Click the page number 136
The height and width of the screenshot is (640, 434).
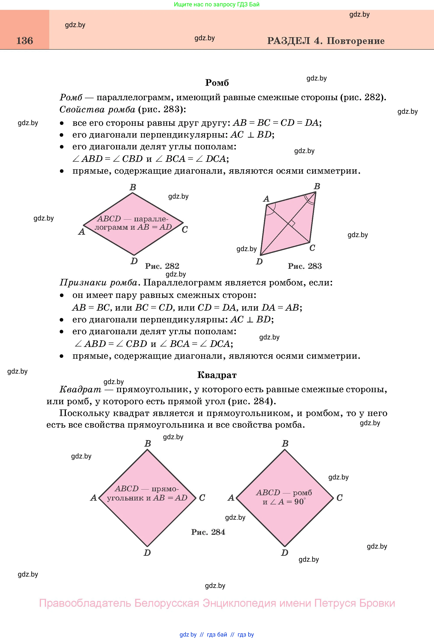tap(25, 41)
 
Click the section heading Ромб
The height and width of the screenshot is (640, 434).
tap(217, 83)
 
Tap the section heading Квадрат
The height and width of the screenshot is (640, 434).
tap(217, 375)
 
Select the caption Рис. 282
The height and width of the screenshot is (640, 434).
tap(162, 266)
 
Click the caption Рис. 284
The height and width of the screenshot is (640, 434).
tap(208, 532)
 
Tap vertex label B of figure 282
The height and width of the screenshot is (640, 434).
tap(133, 187)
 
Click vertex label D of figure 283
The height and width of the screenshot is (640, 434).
tap(259, 262)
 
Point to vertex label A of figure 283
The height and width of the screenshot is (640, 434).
tap(266, 199)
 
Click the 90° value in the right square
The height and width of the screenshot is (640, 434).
tap(300, 502)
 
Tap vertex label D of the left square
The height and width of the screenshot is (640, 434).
tap(147, 553)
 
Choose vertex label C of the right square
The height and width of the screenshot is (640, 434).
tap(339, 498)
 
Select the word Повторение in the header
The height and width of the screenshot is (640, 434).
tap(355, 41)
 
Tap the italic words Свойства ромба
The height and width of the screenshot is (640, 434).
tap(97, 110)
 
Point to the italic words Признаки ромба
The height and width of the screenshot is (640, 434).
tap(98, 283)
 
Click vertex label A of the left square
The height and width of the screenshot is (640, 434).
tap(94, 498)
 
